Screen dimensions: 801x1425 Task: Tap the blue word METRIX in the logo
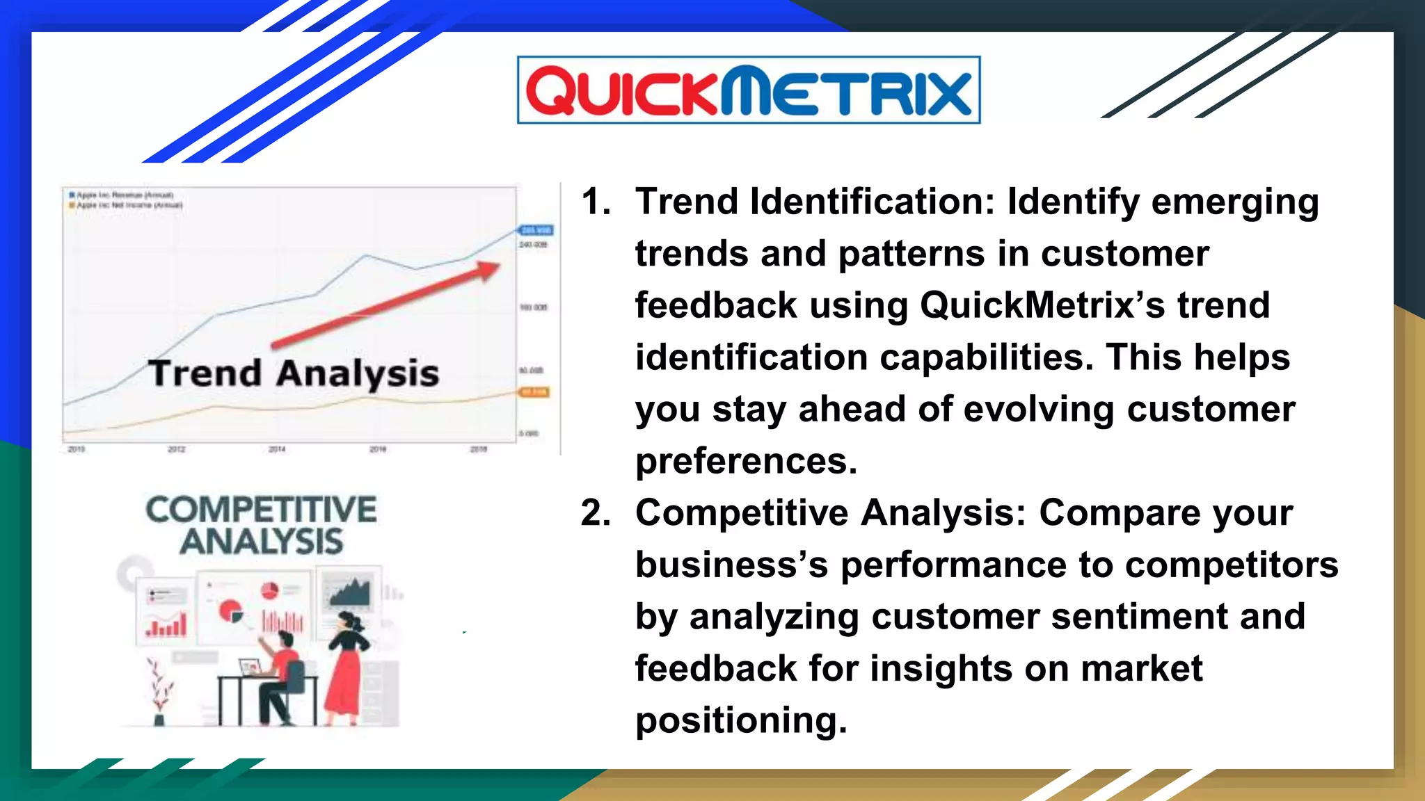coord(845,91)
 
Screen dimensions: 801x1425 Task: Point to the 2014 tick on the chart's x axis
coord(277,449)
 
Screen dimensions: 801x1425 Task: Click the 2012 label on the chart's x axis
coord(176,449)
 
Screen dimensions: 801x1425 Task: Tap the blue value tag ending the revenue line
coord(536,230)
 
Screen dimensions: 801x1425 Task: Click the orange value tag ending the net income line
coord(534,392)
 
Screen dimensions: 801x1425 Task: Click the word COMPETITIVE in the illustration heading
coord(261,510)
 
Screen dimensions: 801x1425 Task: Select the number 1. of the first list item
coord(596,202)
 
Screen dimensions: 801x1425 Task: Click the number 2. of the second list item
coord(596,513)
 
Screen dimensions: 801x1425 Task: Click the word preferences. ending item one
coord(746,461)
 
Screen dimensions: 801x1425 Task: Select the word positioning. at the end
coord(741,720)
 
